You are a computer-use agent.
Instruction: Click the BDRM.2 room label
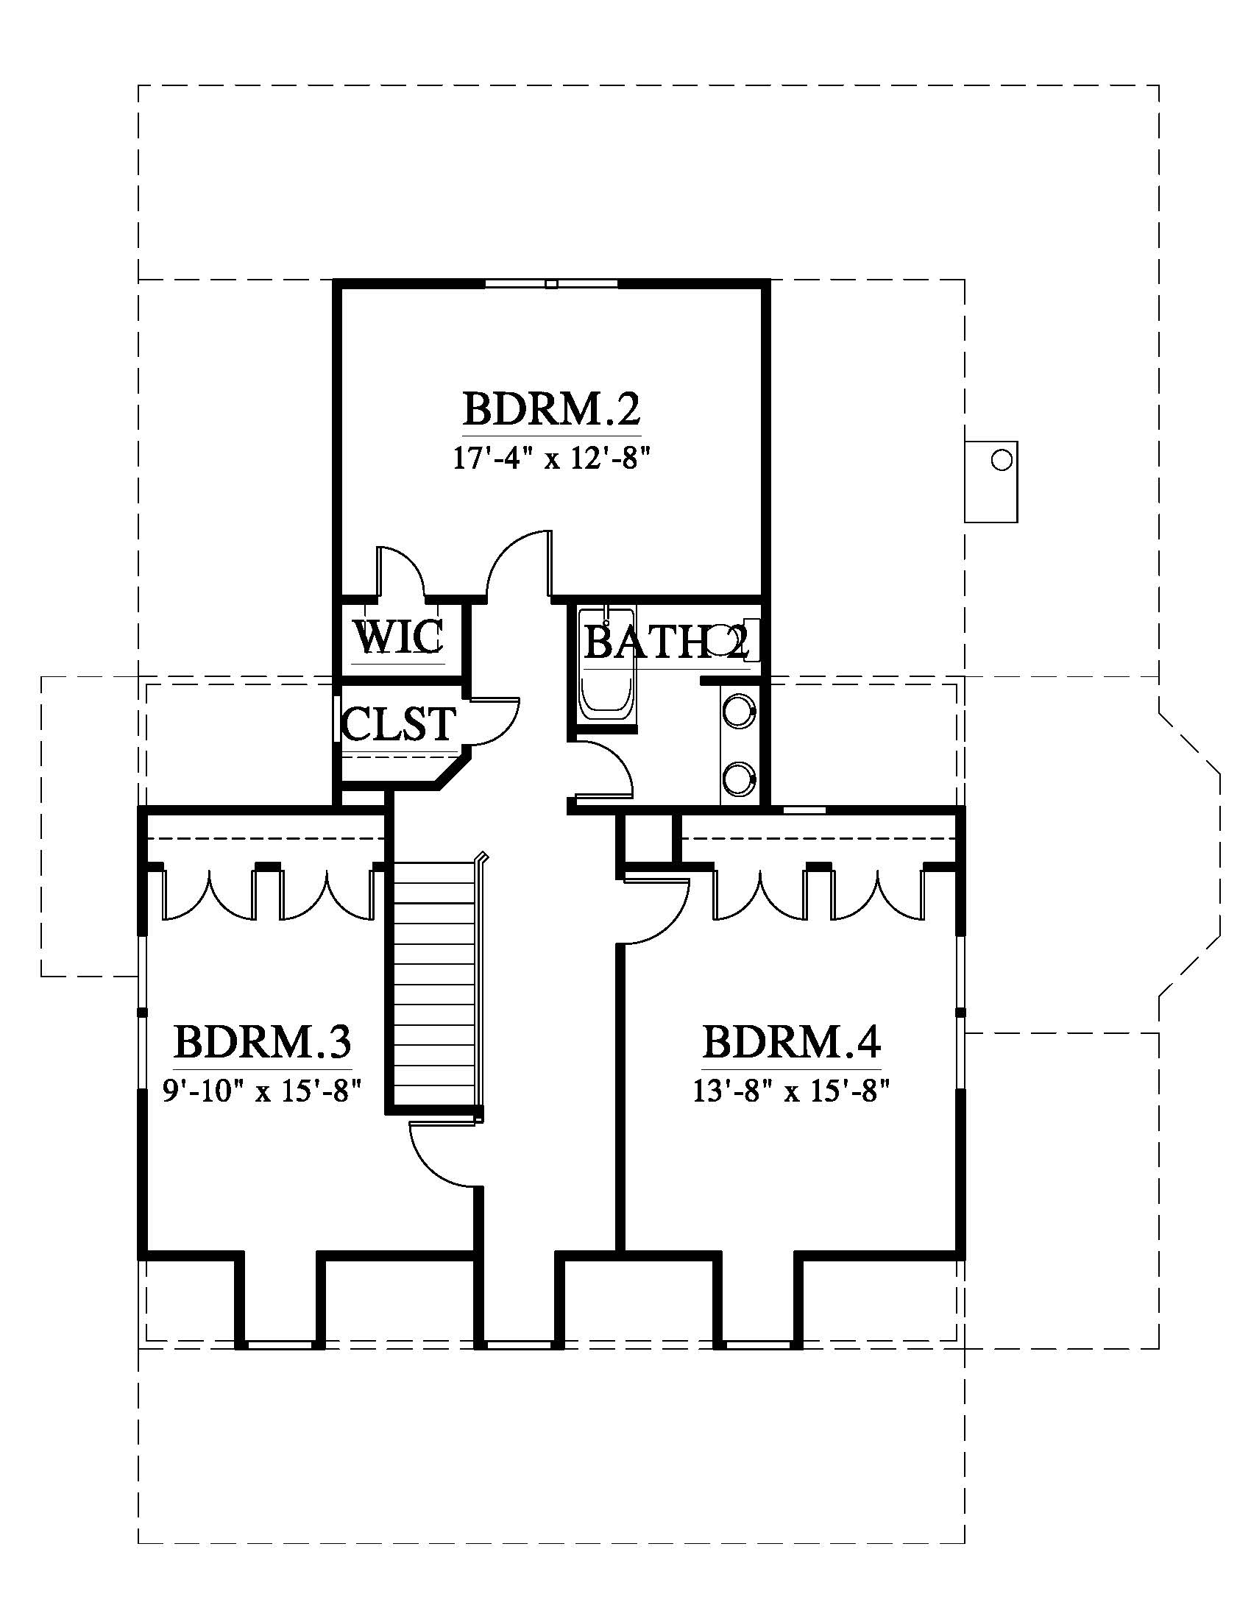coord(551,408)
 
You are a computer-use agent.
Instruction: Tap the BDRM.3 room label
coord(263,1041)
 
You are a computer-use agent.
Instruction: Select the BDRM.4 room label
coord(792,1041)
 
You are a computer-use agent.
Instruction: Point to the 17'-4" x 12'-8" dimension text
coord(551,459)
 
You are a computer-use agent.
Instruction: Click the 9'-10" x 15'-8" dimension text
coord(262,1091)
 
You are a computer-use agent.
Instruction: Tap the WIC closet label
coord(398,636)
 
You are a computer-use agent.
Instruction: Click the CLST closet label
coord(399,723)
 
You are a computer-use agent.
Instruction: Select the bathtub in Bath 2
coord(607,665)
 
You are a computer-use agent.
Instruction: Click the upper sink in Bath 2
coord(739,709)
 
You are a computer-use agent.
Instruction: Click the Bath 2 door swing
coord(605,768)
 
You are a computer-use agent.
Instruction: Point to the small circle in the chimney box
coord(1002,461)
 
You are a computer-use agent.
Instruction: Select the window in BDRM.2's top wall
coord(550,283)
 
